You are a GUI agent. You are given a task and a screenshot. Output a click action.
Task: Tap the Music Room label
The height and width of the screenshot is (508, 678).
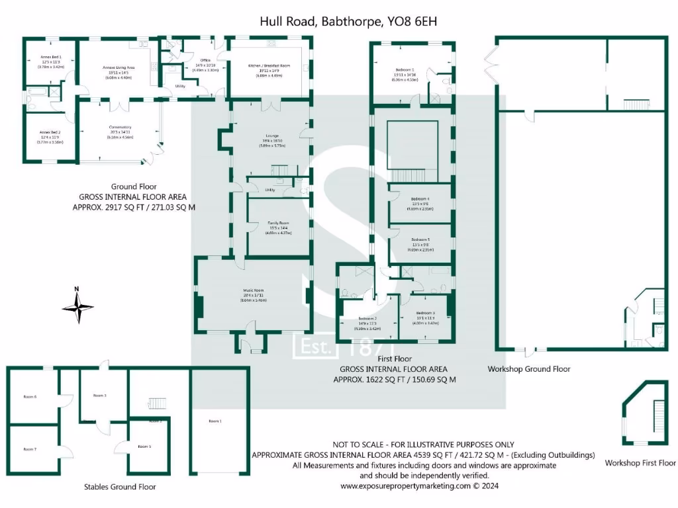coord(252,290)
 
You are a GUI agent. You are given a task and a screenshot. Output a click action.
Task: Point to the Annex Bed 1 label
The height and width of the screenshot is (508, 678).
coord(50,58)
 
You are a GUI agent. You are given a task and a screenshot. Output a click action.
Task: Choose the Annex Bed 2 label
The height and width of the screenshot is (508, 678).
coord(50,132)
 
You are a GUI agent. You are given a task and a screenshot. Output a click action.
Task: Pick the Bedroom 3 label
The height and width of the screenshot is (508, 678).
coord(426,313)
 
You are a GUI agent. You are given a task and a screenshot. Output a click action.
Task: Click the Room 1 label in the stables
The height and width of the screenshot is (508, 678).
coord(215,421)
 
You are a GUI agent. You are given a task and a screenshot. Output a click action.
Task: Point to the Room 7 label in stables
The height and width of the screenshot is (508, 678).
coord(30,449)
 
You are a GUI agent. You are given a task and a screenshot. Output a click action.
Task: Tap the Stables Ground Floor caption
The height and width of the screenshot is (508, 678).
coord(120,487)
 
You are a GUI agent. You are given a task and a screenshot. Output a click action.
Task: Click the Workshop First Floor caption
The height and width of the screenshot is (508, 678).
coord(640,463)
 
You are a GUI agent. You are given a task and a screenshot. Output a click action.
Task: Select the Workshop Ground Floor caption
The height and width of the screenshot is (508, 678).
coord(528,369)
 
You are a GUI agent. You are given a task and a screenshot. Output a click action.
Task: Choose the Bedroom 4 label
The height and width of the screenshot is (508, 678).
coord(420,198)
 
